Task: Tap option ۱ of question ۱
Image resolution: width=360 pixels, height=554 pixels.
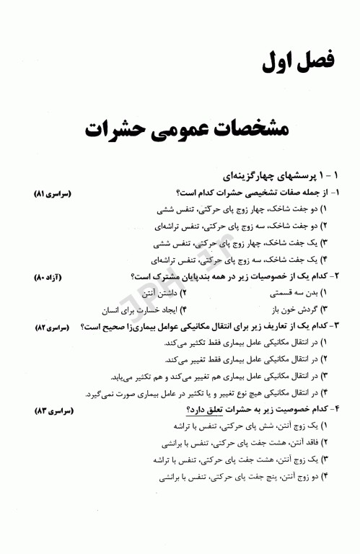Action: pos(246,211)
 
